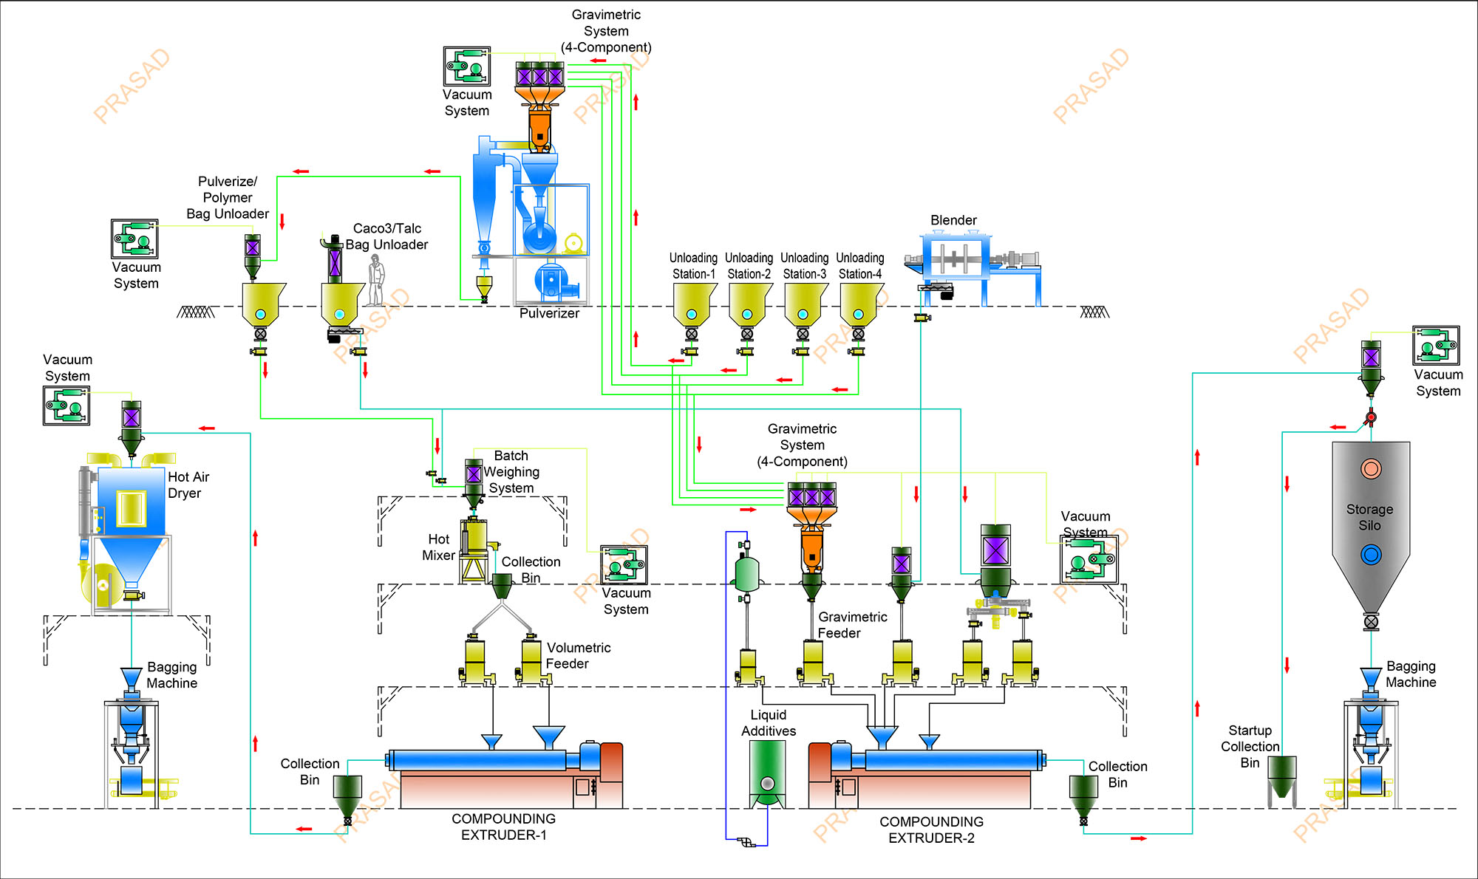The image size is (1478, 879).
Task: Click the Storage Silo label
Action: pos(1369,517)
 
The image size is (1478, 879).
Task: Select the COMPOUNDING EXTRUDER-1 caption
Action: pos(503,827)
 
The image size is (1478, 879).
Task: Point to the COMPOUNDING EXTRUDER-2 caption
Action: pos(931,830)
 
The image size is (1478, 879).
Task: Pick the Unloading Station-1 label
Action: pos(693,266)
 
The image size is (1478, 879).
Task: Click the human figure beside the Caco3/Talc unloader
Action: pos(376,281)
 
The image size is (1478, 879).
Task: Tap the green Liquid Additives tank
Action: pos(768,772)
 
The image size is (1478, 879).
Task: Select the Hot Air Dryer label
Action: pos(188,485)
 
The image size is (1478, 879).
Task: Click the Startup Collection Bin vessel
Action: pos(1282,776)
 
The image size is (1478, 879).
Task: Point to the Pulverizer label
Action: pos(549,313)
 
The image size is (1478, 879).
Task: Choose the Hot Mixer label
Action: pos(438,547)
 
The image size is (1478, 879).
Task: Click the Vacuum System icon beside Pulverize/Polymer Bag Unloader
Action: pos(134,239)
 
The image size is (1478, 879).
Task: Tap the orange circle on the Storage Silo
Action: pos(1371,468)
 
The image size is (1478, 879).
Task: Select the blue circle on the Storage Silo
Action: pos(1371,555)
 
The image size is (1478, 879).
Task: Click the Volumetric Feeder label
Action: pos(578,655)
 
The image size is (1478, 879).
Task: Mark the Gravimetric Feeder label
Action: pos(852,625)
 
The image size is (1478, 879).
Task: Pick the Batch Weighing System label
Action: pos(511,471)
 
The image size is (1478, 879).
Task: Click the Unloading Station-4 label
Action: pos(860,266)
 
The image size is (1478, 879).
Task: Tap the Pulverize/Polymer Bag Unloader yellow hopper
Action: pos(262,303)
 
